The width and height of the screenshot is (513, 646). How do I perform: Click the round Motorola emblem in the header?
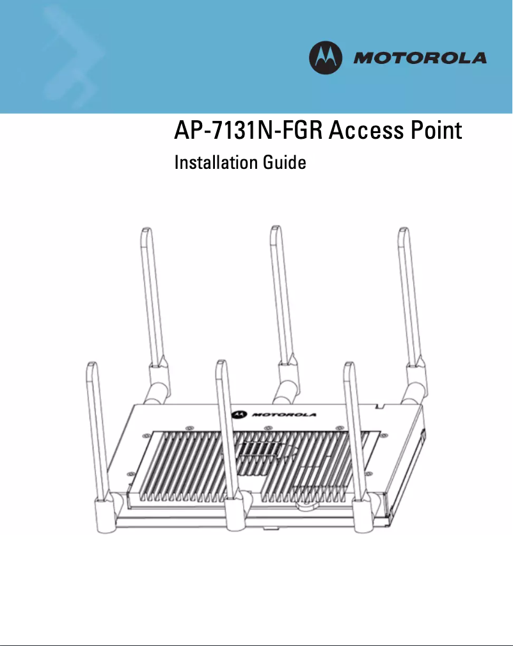326,58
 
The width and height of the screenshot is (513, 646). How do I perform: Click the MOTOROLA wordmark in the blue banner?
420,58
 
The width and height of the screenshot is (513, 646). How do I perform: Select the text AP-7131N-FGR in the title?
248,130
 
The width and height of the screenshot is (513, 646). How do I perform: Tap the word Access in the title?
366,130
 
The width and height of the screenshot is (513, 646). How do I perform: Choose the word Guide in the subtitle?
285,162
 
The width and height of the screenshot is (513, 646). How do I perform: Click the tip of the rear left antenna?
146,228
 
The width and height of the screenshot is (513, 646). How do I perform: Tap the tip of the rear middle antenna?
275,226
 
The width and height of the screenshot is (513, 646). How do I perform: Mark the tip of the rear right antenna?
403,228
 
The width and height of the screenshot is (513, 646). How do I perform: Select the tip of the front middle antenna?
221,361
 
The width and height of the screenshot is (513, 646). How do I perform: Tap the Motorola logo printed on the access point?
274,414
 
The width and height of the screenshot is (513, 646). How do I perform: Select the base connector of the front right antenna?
365,512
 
